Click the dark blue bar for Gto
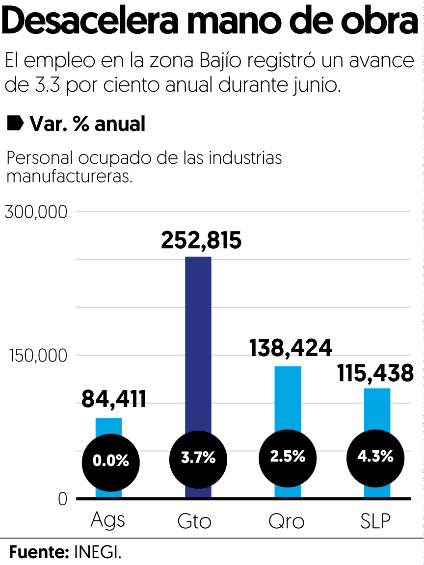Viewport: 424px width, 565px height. click(x=198, y=343)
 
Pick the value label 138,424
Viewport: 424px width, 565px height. click(x=291, y=348)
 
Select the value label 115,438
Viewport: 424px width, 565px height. click(x=375, y=373)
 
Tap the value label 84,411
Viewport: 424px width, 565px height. click(x=114, y=399)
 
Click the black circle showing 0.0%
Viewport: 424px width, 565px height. click(x=110, y=462)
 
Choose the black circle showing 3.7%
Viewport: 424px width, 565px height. click(x=198, y=459)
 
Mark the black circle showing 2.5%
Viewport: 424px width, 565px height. click(x=288, y=457)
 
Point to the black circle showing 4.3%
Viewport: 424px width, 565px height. click(x=375, y=457)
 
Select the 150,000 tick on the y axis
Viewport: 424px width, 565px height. click(x=38, y=356)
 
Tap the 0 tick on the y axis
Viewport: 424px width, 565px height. click(x=62, y=499)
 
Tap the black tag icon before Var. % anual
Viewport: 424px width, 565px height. click(x=15, y=124)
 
